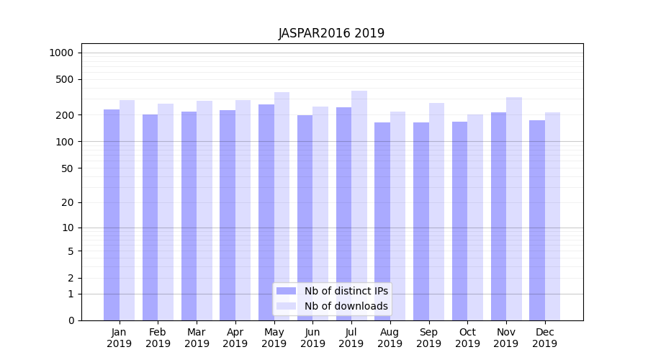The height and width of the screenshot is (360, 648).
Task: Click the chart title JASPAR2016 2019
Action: pyautogui.click(x=331, y=34)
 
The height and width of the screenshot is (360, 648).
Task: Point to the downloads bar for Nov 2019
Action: pyautogui.click(x=514, y=209)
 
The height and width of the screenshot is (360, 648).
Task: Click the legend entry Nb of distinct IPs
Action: pyautogui.click(x=346, y=291)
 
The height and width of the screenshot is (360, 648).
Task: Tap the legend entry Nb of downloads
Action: pyautogui.click(x=346, y=306)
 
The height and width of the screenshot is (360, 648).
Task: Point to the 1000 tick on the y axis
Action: pyautogui.click(x=61, y=53)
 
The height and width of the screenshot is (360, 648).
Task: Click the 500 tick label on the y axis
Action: pyautogui.click(x=65, y=79)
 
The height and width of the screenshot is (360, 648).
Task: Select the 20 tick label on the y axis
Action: pyautogui.click(x=67, y=202)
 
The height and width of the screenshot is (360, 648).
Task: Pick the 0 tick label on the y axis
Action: pyautogui.click(x=71, y=320)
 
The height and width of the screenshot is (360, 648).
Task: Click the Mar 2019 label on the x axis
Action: pyautogui.click(x=197, y=338)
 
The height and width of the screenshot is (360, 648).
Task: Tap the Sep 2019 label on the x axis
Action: pyautogui.click(x=428, y=338)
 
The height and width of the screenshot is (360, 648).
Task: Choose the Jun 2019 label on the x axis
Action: pyautogui.click(x=312, y=338)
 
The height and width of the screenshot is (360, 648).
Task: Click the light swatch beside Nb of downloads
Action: pyautogui.click(x=286, y=306)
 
